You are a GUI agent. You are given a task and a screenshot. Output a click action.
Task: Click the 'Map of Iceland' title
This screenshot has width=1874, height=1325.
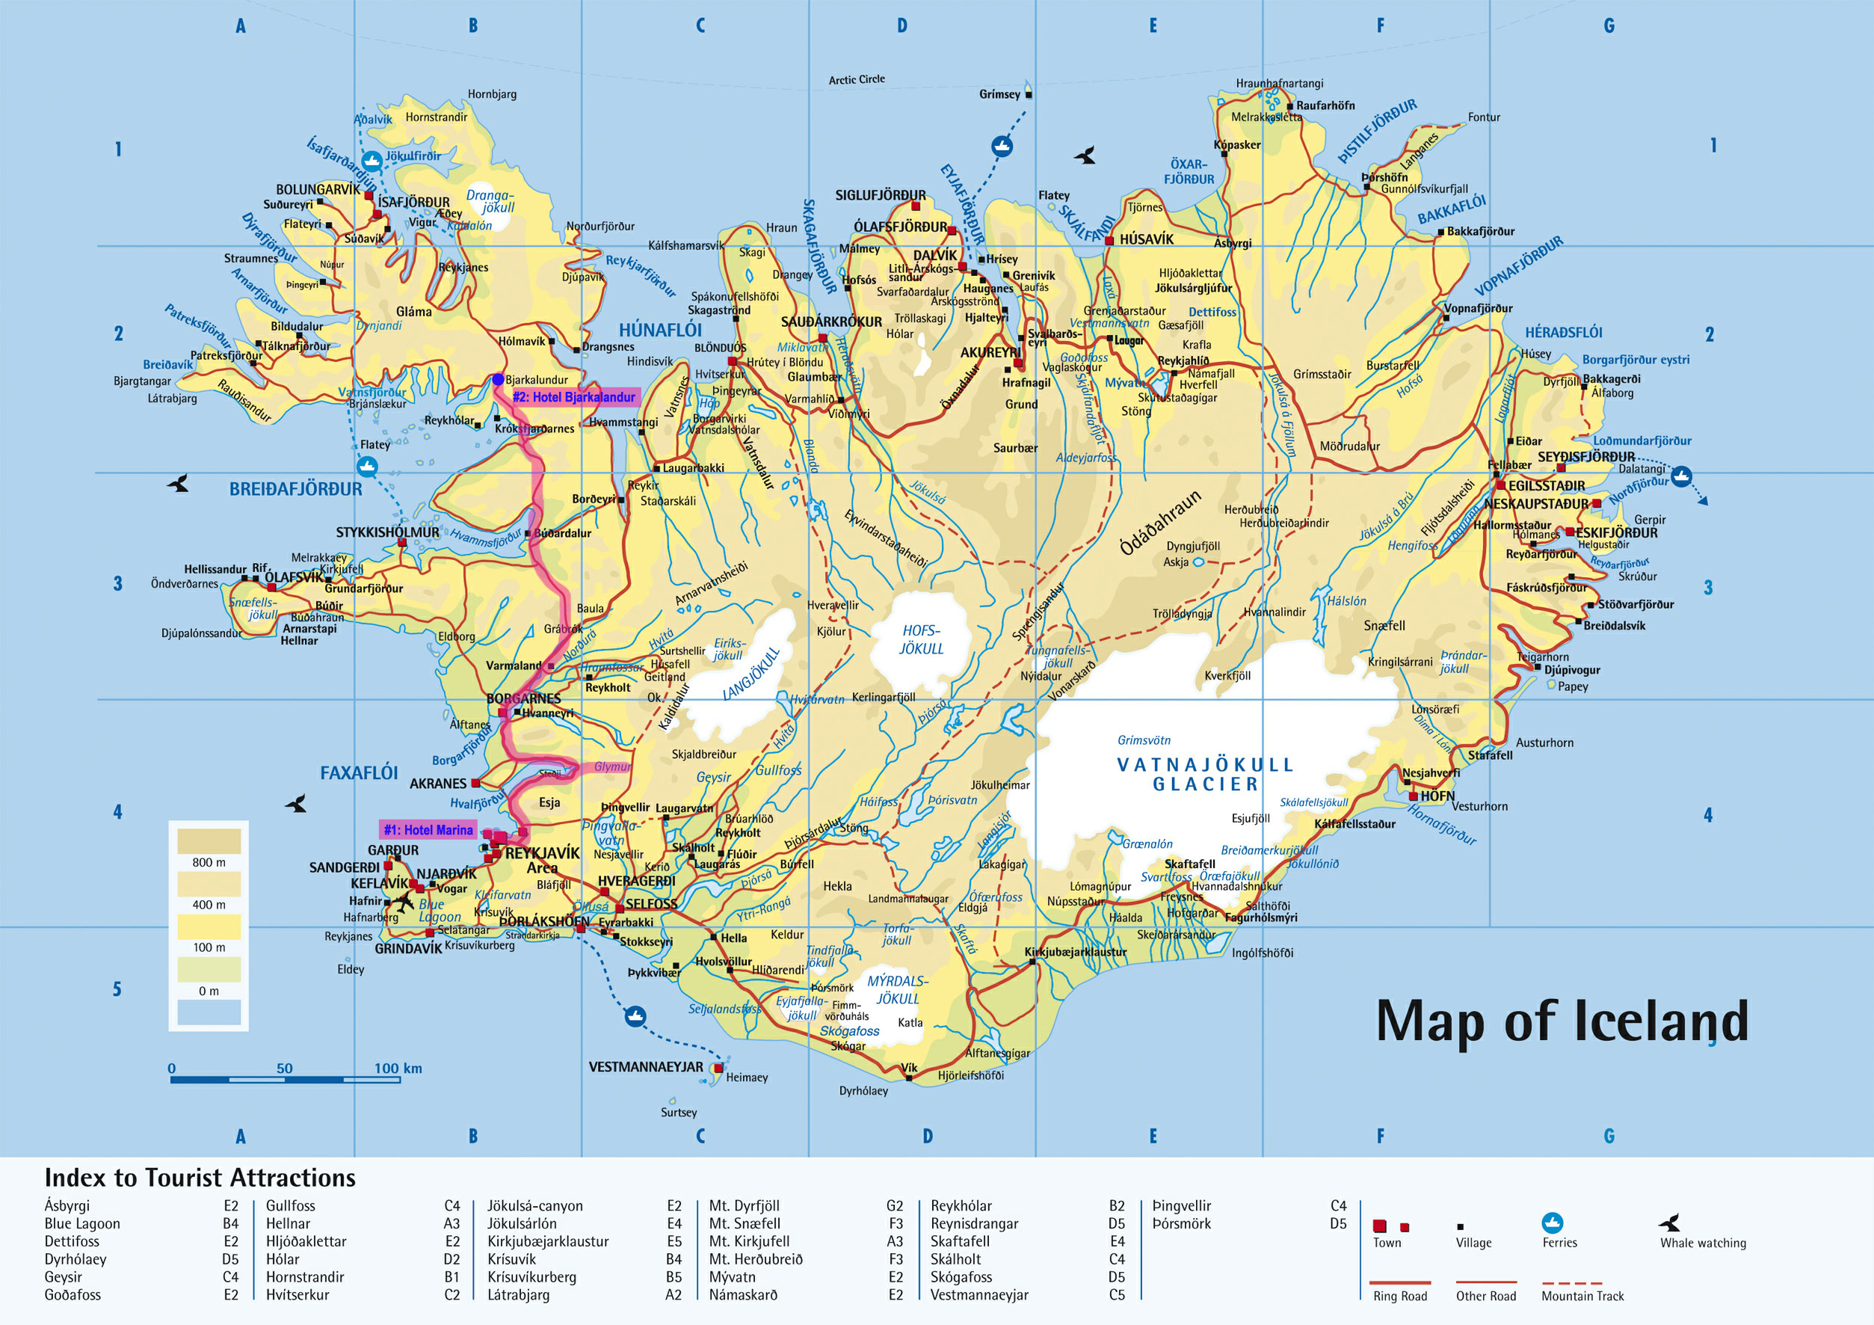1562,1021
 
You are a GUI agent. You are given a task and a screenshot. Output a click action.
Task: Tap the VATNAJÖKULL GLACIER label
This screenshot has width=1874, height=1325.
1205,774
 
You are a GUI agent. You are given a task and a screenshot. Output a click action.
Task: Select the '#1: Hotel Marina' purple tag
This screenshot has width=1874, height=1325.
428,829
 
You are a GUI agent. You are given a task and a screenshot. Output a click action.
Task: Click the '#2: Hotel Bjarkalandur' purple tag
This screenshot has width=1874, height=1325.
574,397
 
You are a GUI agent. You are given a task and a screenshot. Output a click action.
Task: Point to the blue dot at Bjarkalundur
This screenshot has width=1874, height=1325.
498,380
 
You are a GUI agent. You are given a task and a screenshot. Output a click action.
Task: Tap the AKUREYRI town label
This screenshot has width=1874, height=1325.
990,353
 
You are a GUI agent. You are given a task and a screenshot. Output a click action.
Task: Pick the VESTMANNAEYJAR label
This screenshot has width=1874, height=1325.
646,1067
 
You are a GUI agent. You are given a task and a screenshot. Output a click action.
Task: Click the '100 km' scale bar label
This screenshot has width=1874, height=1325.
398,1068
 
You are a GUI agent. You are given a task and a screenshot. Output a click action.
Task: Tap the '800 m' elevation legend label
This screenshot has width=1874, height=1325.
209,862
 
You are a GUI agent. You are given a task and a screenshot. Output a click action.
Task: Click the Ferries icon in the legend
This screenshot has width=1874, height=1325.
1552,1223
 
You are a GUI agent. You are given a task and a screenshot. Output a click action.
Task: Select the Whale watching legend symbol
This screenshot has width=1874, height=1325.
1670,1223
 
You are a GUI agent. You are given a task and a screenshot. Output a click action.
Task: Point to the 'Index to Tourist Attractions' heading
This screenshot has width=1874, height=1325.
200,1177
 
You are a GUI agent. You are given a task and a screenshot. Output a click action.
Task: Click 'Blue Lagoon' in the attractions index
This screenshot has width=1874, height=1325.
82,1223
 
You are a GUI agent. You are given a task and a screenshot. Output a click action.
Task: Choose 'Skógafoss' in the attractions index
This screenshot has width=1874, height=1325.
961,1277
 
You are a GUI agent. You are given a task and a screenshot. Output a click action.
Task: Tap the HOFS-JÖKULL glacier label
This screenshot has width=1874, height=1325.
921,639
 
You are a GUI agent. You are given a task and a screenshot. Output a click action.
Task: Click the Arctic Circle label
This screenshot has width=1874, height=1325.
856,79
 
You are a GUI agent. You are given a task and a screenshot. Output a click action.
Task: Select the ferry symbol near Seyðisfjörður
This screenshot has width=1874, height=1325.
1681,476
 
